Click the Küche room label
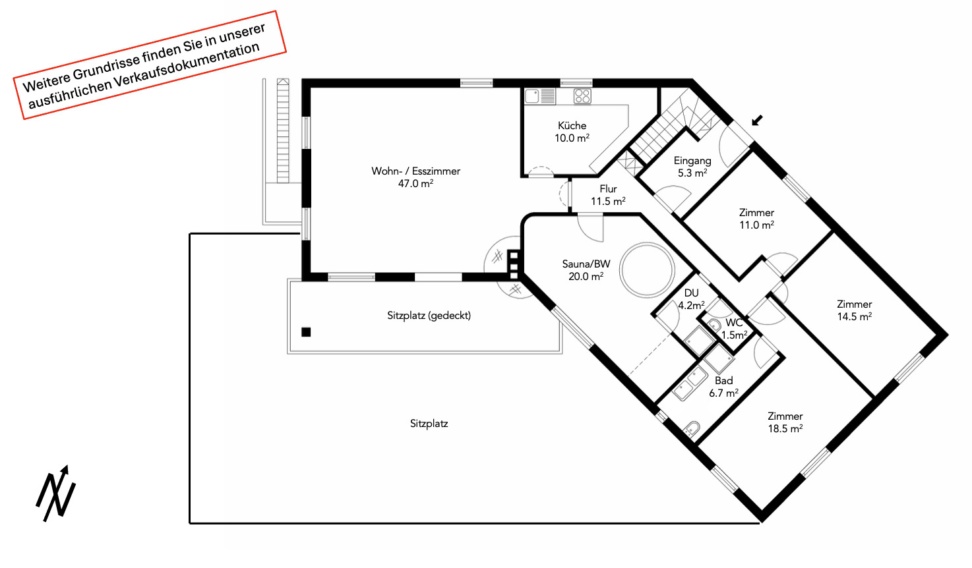572,126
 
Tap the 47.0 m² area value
415,183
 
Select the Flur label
608,189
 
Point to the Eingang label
692,161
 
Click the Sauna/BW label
586,264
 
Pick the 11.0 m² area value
756,225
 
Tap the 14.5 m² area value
854,316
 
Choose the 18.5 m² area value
785,428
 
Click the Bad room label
724,381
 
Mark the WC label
734,323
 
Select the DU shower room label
691,293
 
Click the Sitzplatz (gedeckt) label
429,316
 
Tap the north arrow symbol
55,494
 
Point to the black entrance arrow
757,121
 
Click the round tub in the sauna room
647,270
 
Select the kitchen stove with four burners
582,96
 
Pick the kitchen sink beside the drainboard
532,96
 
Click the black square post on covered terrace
306,332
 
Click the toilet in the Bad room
692,428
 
